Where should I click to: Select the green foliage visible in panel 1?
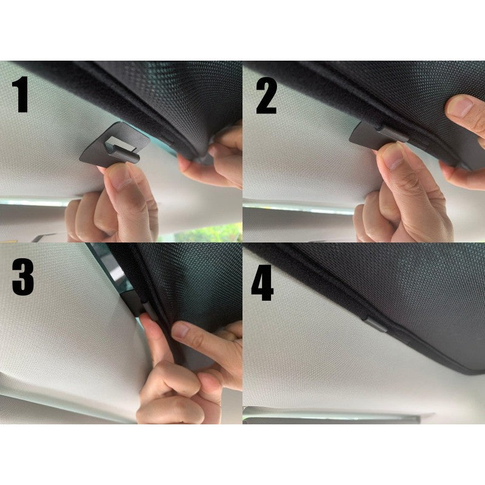point(212,233)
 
